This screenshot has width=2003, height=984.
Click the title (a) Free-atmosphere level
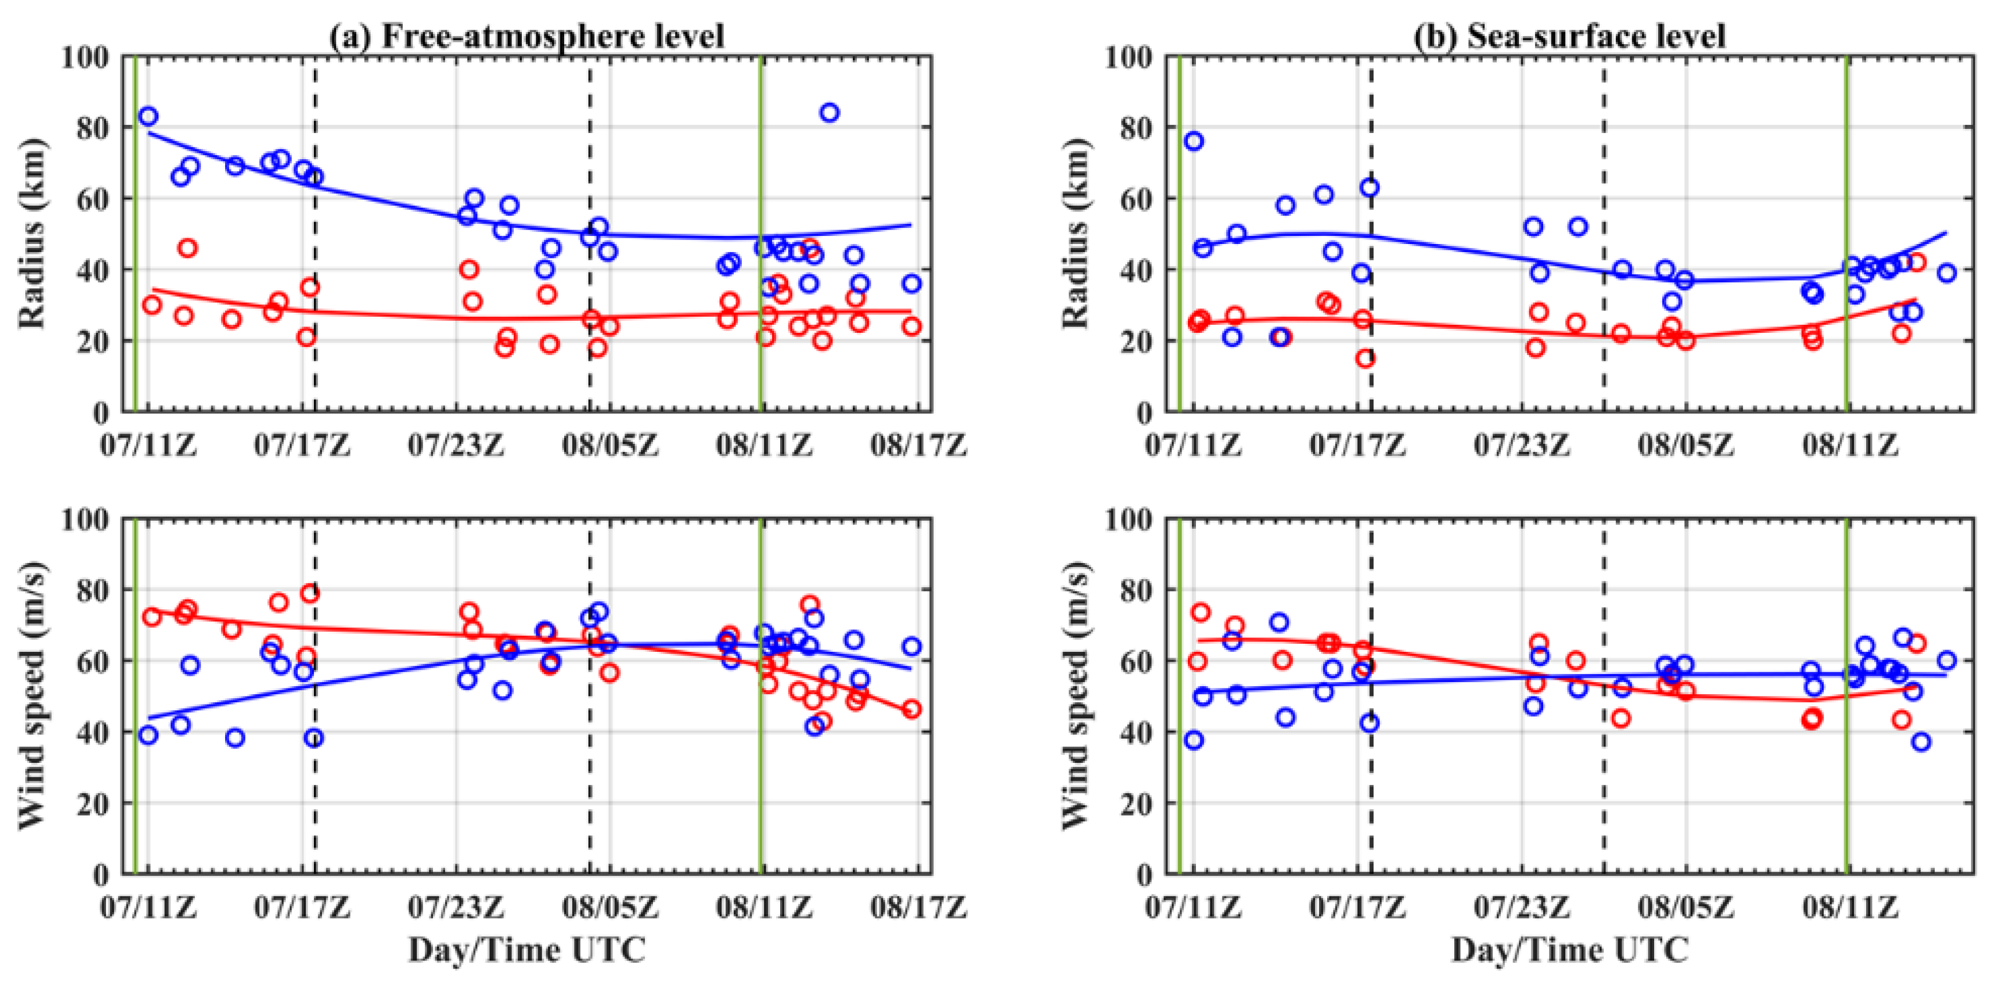coord(526,36)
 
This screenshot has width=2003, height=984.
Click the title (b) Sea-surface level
coord(1568,36)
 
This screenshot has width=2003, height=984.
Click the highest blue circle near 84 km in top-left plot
coord(829,113)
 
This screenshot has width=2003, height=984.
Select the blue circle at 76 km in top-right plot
coord(1194,141)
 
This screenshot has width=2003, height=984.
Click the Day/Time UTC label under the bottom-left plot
coord(526,950)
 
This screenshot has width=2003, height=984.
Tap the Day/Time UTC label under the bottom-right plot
coord(1569,950)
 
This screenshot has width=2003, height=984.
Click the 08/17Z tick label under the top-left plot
coord(918,446)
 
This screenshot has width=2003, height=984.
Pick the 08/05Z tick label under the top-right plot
coord(1686,446)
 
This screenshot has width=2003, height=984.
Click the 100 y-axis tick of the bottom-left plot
coord(85,519)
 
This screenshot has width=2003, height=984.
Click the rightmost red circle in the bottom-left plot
coord(912,709)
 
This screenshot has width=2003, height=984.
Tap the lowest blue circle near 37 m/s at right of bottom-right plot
coord(1921,742)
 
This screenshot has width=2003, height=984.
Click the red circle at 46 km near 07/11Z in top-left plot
coord(187,249)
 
